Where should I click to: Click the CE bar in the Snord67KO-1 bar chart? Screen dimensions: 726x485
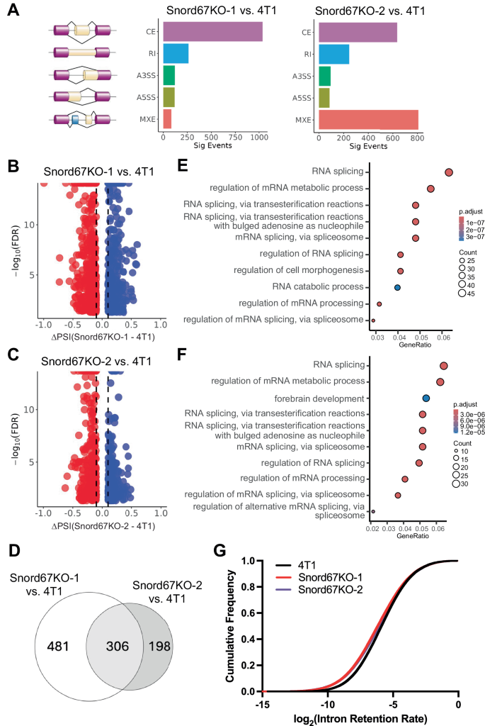pos(212,33)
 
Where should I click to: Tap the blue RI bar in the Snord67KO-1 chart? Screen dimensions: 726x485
pos(176,54)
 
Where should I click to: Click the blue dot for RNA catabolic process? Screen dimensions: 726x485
pos(398,287)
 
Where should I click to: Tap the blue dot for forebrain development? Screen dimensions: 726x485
pos(426,398)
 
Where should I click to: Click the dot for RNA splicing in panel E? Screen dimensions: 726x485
pos(448,172)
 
